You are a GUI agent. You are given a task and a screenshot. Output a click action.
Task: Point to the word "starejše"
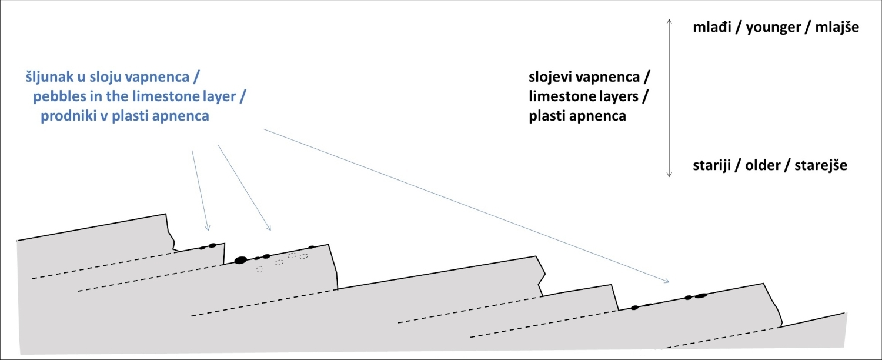pyautogui.click(x=821, y=165)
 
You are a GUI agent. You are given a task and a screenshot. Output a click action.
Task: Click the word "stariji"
pyautogui.click(x=713, y=165)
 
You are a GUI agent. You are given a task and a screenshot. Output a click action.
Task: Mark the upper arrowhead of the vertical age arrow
pyautogui.click(x=669, y=19)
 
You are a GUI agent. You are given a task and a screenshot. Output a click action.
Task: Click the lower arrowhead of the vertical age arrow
pyautogui.click(x=669, y=175)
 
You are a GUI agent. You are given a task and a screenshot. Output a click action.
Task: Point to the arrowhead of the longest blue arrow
pyautogui.click(x=669, y=281)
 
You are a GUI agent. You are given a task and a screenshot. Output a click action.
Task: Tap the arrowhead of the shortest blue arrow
pyautogui.click(x=207, y=229)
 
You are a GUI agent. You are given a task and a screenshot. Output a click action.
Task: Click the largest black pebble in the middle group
pyautogui.click(x=240, y=260)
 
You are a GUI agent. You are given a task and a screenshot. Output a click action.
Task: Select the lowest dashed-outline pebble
pyautogui.click(x=260, y=269)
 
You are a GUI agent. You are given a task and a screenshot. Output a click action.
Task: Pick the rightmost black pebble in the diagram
pyautogui.click(x=700, y=296)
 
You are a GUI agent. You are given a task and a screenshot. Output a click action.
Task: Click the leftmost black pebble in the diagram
pyautogui.click(x=202, y=247)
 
